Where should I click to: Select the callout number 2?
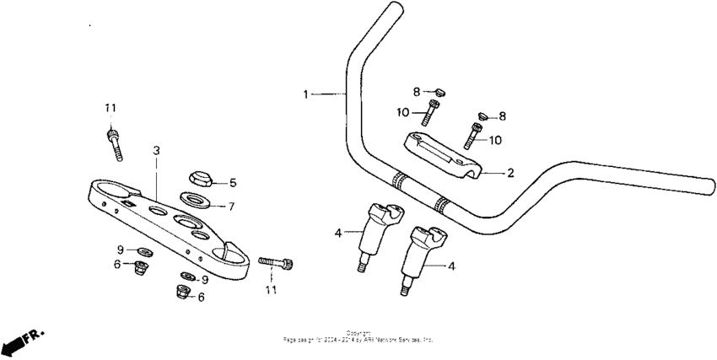point(509,173)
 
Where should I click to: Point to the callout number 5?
point(233,182)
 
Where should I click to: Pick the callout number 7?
point(233,205)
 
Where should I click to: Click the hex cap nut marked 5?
point(199,179)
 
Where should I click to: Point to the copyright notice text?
point(358,337)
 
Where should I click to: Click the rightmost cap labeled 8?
point(482,115)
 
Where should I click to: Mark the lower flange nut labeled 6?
point(180,293)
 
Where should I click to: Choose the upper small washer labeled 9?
point(143,251)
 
